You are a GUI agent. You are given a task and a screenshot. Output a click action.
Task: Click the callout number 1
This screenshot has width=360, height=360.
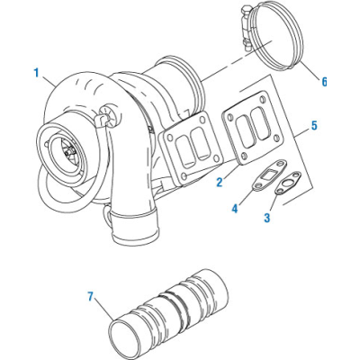tap(36, 73)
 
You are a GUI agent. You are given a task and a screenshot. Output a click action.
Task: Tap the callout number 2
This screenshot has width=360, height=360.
tap(220, 182)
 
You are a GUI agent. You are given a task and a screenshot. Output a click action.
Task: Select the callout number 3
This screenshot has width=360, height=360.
tap(267, 218)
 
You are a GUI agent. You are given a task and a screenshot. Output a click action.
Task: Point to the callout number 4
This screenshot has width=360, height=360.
tap(235, 208)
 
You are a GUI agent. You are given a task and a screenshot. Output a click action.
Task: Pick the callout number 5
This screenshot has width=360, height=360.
tap(314, 126)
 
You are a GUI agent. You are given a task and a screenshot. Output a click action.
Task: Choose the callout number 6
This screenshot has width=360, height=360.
tap(324, 82)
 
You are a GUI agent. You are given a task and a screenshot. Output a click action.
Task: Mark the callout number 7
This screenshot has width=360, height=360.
tap(91, 296)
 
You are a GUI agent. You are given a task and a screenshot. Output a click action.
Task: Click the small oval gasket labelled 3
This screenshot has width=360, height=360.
tap(288, 184)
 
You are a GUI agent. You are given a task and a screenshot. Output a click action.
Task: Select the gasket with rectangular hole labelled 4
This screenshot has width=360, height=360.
tap(269, 175)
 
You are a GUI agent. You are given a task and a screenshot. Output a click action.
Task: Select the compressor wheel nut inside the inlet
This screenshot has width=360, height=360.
tap(71, 149)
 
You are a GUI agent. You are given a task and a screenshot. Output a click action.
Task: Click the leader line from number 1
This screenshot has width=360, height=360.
tap(48, 81)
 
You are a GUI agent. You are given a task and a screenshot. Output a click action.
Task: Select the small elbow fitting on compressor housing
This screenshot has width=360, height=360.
tap(101, 120)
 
